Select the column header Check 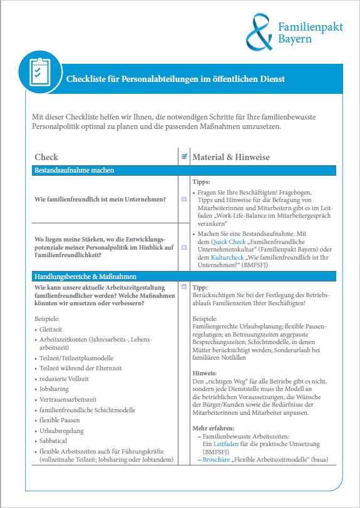[46, 156]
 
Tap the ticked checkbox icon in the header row [184, 156]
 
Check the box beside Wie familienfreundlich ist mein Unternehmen [184, 199]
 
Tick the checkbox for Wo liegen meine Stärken [184, 247]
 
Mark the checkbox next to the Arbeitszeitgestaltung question [184, 287]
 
